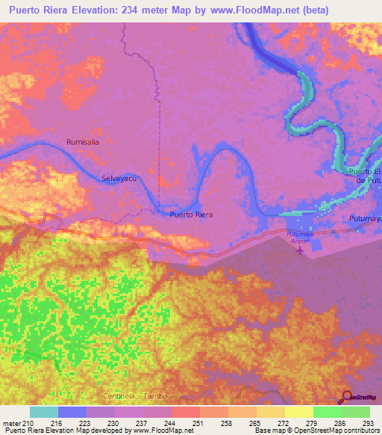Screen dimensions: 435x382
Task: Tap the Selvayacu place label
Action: click(x=119, y=179)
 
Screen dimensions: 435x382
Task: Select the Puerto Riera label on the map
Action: click(x=191, y=215)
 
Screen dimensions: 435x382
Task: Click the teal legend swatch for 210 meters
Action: click(x=44, y=412)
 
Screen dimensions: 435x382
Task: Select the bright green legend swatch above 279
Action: click(x=327, y=412)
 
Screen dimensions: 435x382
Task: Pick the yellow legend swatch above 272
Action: click(x=298, y=412)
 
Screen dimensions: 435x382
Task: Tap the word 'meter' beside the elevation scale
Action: click(x=10, y=423)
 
